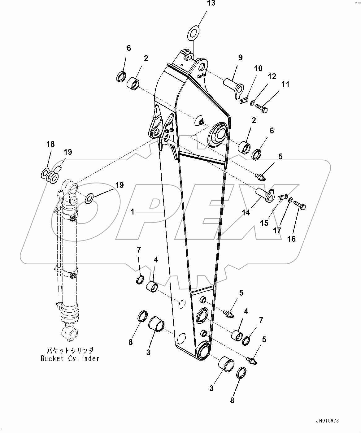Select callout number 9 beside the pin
240,58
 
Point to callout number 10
258,68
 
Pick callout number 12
272,77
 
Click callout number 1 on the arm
132,212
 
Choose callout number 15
264,223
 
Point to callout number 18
50,144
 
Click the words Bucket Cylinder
70,359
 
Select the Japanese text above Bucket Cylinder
70,351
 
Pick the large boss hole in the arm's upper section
220,134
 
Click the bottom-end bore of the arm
204,352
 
